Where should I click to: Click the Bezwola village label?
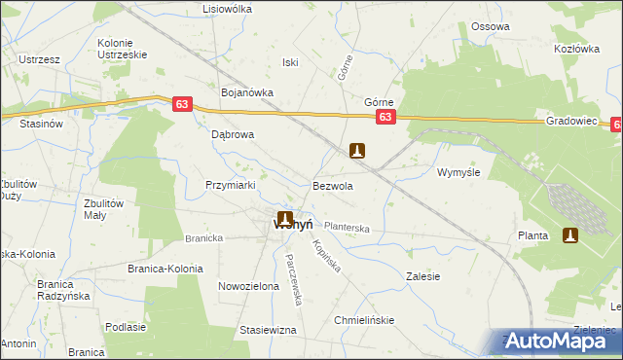tap(332, 185)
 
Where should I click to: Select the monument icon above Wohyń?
tap(285, 219)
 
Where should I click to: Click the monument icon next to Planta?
tap(570, 235)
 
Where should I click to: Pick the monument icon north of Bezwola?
tap(358, 151)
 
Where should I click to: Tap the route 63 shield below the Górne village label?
tap(385, 118)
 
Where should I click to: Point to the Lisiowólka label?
tap(226, 9)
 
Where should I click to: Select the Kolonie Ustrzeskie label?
tap(123, 49)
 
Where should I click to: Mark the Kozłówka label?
tap(573, 48)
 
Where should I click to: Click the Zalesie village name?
tap(422, 276)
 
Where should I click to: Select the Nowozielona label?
tap(248, 287)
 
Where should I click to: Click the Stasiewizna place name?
tap(268, 331)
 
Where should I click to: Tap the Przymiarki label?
tap(230, 185)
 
